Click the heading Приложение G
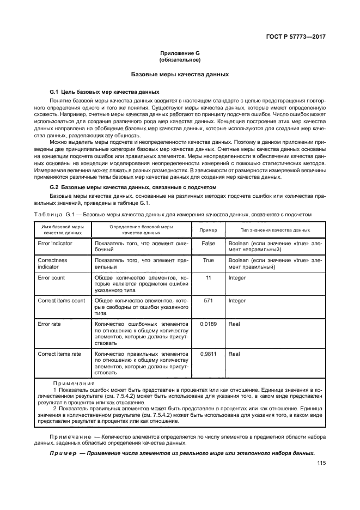180,53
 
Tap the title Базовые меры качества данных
180,74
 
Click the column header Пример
208,230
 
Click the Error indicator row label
55,243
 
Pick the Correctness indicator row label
52,263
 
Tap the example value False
208,243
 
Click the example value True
208,260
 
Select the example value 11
208,278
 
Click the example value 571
208,301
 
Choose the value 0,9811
208,354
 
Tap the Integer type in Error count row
237,278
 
